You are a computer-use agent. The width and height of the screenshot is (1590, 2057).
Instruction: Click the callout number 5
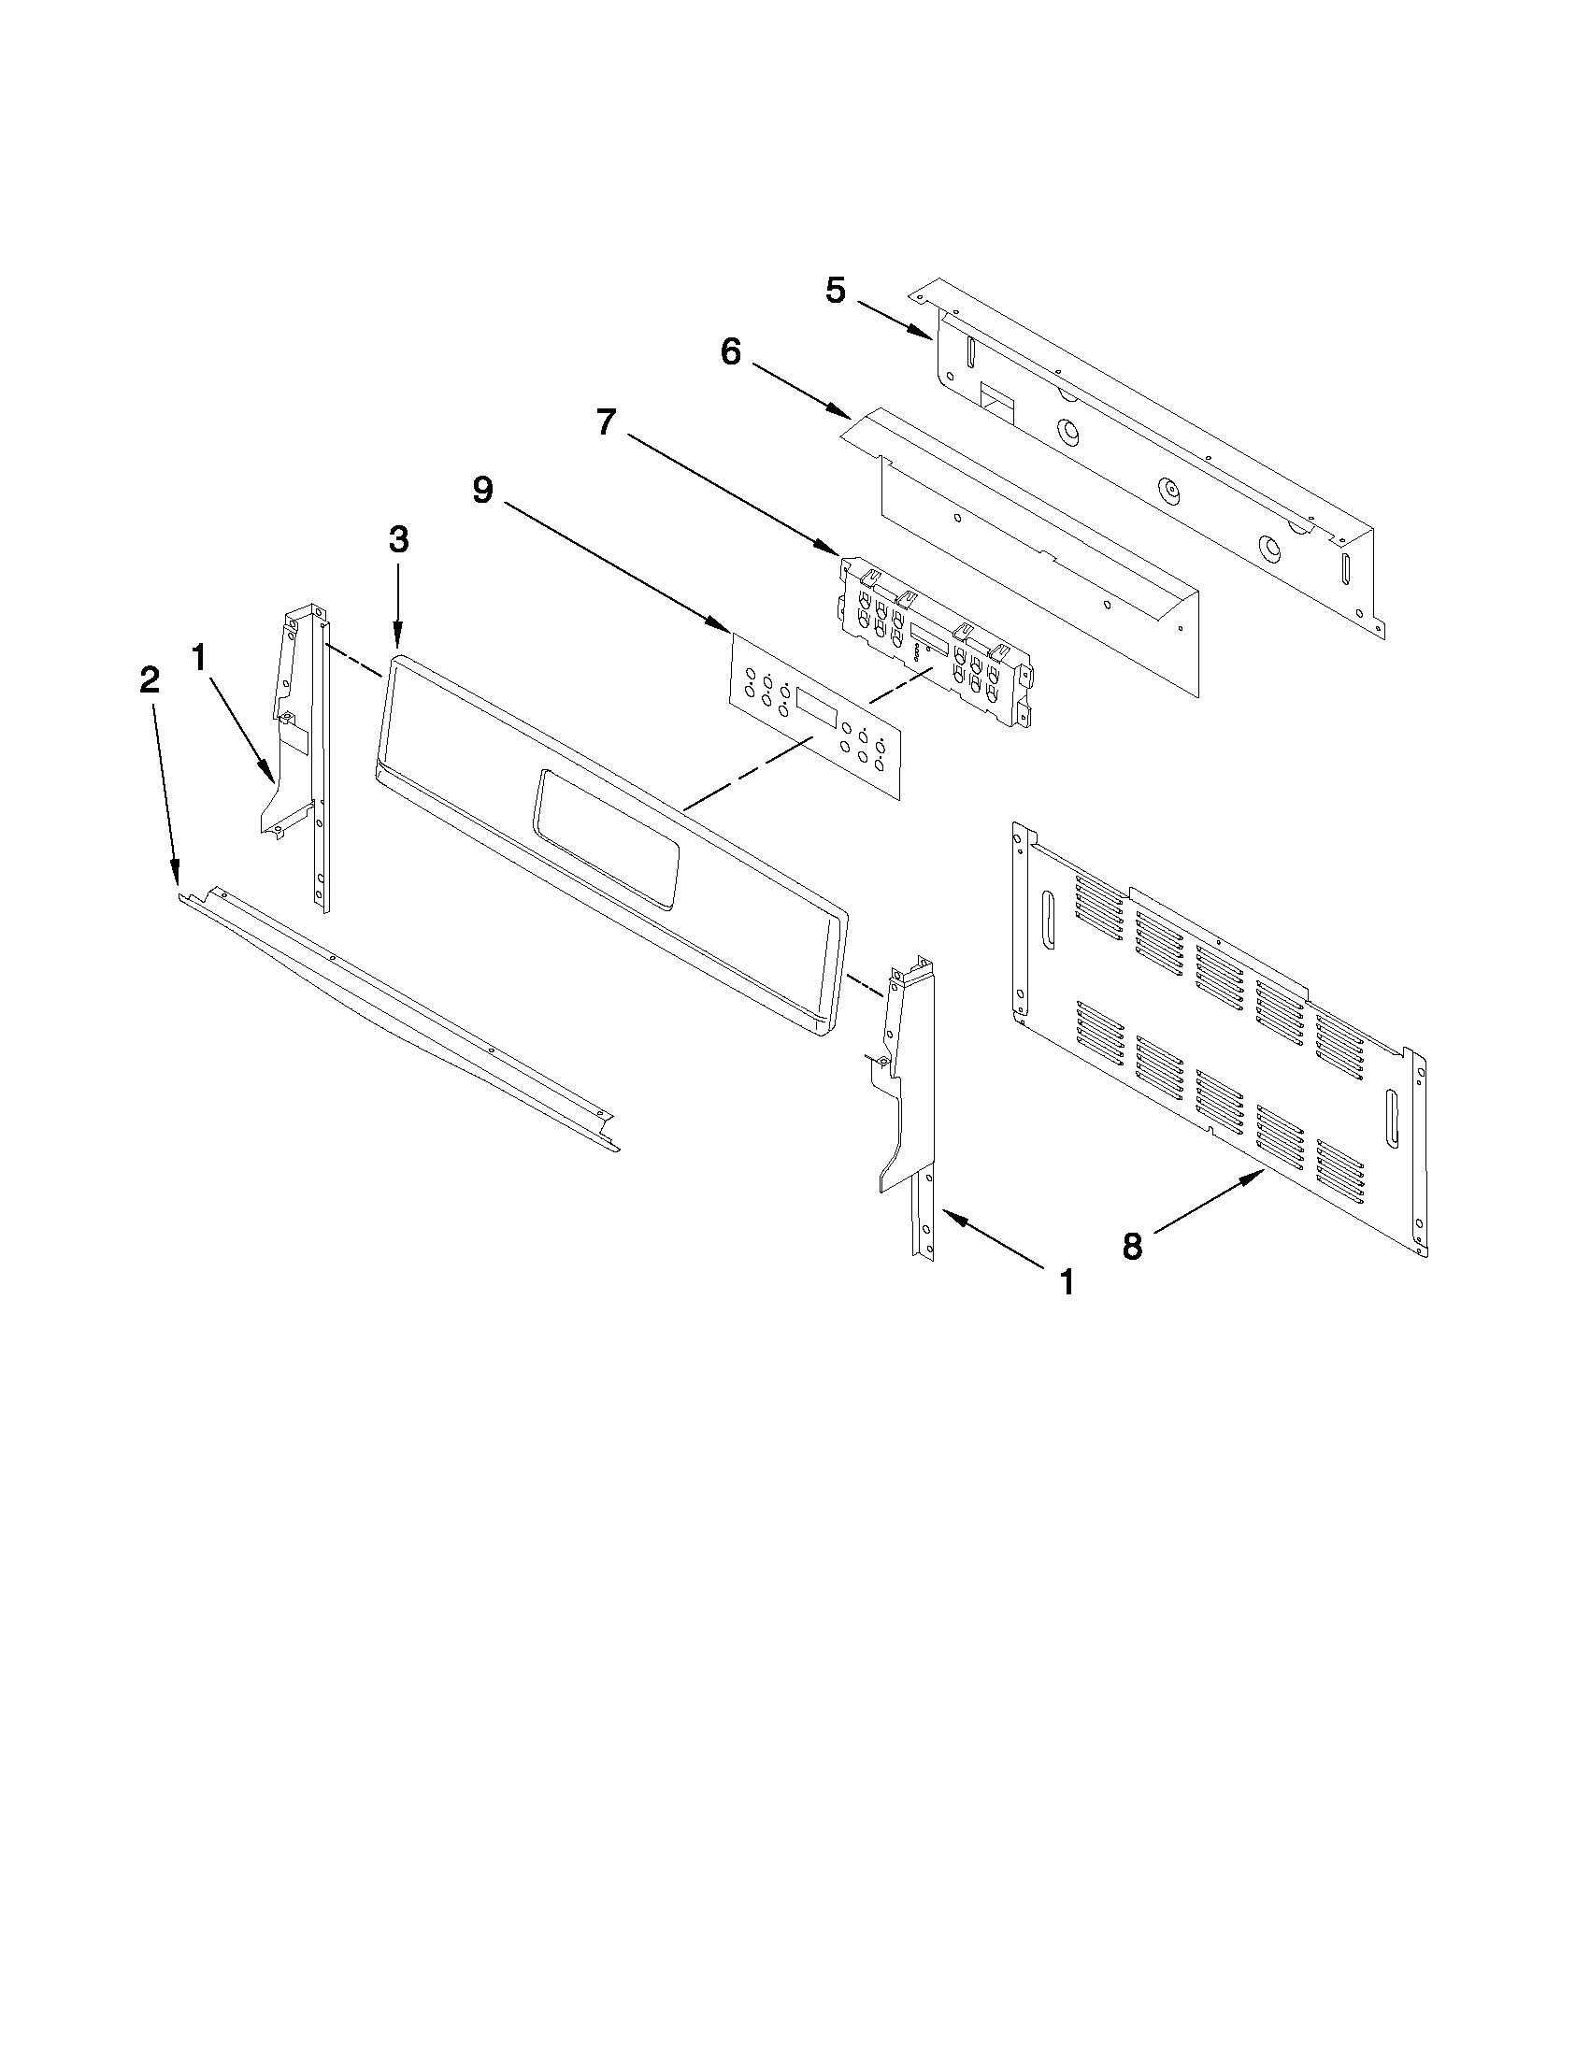(x=836, y=290)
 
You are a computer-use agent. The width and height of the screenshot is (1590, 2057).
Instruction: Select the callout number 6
(x=731, y=353)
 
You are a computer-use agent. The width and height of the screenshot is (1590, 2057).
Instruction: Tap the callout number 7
(x=608, y=421)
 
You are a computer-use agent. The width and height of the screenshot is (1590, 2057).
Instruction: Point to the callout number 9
(x=482, y=491)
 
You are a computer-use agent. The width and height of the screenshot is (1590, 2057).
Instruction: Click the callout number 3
(x=398, y=539)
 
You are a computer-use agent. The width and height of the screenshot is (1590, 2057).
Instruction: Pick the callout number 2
(x=150, y=681)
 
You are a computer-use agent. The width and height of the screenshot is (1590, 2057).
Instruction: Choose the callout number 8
(x=1132, y=1247)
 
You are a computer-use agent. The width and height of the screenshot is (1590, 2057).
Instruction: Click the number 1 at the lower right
(x=1067, y=1282)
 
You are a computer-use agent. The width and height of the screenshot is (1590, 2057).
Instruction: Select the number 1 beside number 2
(x=199, y=657)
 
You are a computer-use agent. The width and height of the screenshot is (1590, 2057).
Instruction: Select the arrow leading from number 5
(x=891, y=318)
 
